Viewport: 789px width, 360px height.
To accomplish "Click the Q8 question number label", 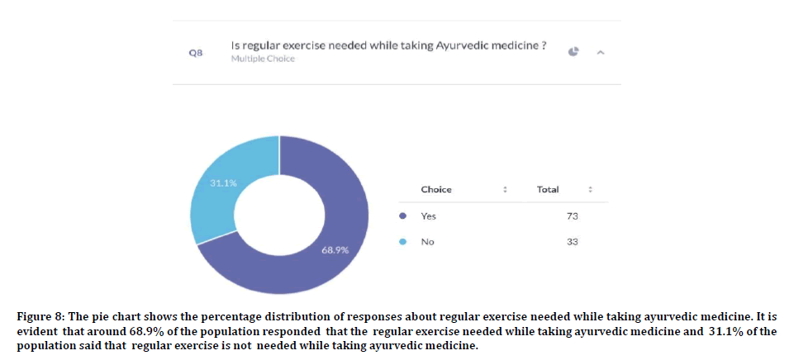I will [196, 52].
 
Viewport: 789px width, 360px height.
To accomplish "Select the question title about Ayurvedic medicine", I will [388, 45].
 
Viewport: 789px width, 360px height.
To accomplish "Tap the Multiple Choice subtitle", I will [262, 59].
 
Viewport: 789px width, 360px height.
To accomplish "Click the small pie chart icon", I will [573, 51].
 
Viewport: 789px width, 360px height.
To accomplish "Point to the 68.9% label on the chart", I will [335, 249].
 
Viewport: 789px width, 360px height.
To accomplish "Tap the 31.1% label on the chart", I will [223, 182].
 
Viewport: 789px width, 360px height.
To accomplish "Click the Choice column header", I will [436, 189].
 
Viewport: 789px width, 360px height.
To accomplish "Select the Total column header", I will [548, 189].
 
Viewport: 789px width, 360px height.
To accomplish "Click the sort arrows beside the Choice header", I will [505, 189].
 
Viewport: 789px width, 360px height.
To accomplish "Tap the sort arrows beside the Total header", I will [590, 189].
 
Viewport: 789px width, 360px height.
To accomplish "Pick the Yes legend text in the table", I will [428, 216].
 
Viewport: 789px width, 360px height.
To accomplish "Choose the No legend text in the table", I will [427, 242].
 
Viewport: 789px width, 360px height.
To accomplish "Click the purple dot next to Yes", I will [402, 216].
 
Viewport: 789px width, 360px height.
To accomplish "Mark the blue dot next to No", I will [402, 242].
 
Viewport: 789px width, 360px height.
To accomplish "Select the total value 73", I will [573, 216].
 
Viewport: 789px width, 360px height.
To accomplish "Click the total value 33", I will [573, 242].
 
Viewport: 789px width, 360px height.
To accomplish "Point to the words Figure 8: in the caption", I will [40, 317].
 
